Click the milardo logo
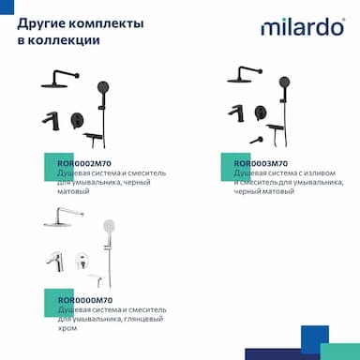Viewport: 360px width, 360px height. [x=303, y=27]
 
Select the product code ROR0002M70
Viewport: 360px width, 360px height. [x=84, y=163]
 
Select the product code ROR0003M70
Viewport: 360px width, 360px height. [x=261, y=163]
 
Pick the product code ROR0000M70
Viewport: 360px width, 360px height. [x=85, y=300]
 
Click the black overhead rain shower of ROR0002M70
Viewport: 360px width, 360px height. [x=60, y=80]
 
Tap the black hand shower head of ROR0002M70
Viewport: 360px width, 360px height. [x=103, y=86]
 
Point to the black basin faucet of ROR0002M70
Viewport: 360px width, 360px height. [x=51, y=121]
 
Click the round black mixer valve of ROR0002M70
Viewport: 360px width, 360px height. [x=77, y=120]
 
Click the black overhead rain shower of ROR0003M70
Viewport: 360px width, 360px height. [x=245, y=75]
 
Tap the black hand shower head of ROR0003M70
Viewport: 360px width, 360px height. [x=284, y=82]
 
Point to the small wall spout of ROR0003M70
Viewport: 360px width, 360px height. [x=257, y=140]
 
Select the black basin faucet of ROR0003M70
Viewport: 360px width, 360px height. [x=236, y=113]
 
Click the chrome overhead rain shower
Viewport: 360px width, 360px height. [x=64, y=217]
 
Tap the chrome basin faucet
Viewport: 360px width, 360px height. [x=54, y=262]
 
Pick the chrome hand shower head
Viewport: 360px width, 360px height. [x=109, y=225]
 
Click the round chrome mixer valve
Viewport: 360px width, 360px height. [x=82, y=261]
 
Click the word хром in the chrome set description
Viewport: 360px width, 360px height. [x=67, y=328]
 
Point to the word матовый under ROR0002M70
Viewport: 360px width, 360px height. [x=73, y=191]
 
